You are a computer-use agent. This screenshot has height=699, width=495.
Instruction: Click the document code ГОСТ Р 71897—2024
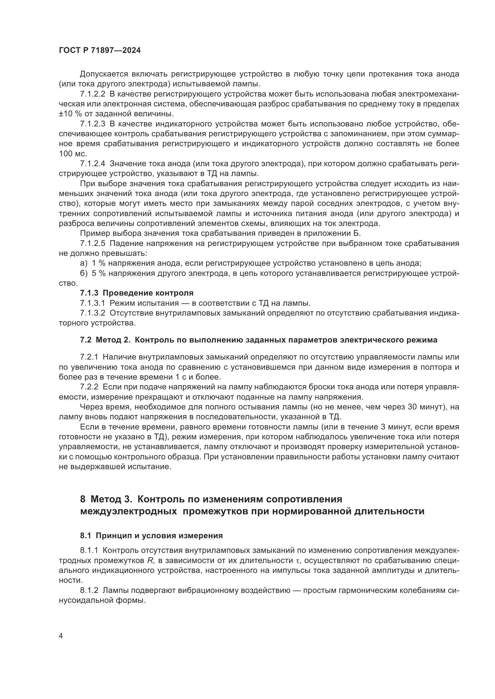pos(100,51)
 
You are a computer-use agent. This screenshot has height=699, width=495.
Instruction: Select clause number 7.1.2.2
pos(92,94)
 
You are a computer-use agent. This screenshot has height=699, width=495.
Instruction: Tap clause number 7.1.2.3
pos(92,124)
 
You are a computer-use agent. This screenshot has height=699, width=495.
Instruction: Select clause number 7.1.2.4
pos(92,164)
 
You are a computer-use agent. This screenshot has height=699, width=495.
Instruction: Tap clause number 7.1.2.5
pos(92,244)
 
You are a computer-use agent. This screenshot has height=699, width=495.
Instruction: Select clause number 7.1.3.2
pos(92,313)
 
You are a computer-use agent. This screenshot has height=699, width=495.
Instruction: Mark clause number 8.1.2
pos(89,590)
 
